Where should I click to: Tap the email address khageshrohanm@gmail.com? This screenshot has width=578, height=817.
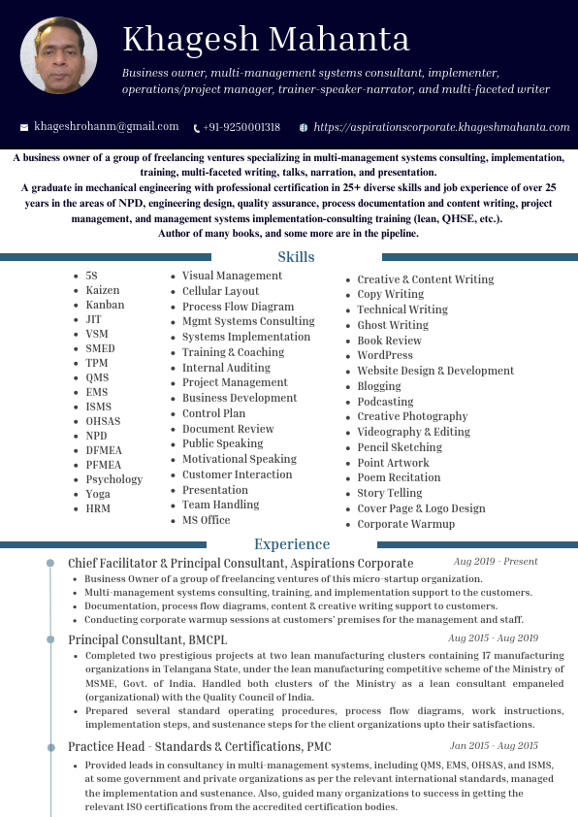[x=107, y=127]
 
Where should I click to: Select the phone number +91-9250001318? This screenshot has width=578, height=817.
[x=241, y=127]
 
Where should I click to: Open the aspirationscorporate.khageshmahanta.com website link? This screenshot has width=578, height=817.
[x=441, y=127]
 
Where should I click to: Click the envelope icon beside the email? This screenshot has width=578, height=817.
[x=24, y=127]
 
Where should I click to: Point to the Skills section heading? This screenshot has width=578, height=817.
[x=296, y=257]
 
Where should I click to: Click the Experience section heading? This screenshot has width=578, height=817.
[x=292, y=544]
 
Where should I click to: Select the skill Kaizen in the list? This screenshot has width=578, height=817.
[x=103, y=290]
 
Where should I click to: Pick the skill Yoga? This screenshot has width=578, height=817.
[x=98, y=494]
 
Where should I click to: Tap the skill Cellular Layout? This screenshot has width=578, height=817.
[x=220, y=291]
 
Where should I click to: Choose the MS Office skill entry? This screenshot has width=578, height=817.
[x=206, y=520]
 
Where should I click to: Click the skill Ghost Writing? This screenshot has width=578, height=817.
[x=392, y=325]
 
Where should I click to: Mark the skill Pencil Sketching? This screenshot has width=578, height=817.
[x=399, y=447]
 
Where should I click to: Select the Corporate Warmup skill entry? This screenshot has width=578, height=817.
[x=405, y=524]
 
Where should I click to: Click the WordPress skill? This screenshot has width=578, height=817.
[x=384, y=355]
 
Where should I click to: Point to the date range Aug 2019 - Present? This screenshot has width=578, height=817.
[x=495, y=562]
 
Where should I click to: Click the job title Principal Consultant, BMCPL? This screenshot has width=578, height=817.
[x=147, y=639]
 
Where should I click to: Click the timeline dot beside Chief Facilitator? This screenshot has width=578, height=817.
[x=50, y=563]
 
